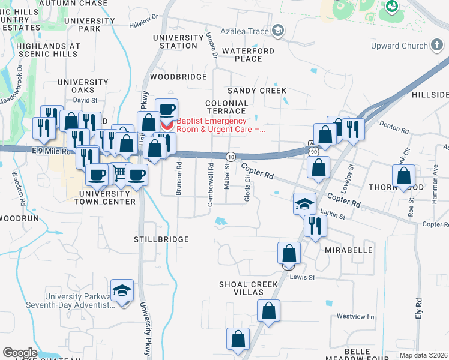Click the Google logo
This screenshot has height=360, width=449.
[20, 353]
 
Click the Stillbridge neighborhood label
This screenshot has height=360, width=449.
[161, 239]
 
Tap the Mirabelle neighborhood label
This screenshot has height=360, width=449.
[349, 250]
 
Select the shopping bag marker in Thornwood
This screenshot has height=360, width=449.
[403, 176]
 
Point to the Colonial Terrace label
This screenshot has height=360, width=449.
[226, 107]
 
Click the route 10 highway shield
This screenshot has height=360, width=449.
[231, 156]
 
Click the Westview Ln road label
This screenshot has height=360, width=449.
[355, 316]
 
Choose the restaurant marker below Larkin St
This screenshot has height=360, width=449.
[315, 226]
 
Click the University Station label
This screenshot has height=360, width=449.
[178, 41]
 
